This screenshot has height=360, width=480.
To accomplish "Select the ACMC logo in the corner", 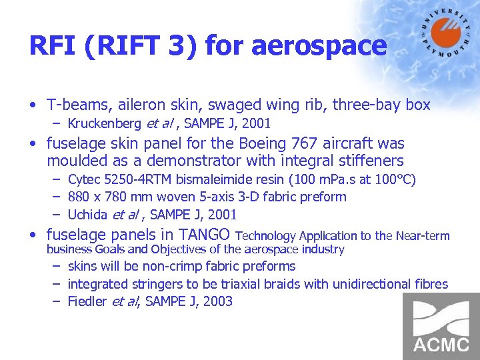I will pyautogui.click(x=441, y=327).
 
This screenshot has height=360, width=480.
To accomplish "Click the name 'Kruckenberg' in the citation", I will pyautogui.click(x=104, y=123).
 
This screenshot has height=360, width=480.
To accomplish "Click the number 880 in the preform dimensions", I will pyautogui.click(x=79, y=197).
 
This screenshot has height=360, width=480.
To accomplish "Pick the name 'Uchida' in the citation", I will pyautogui.click(x=89, y=215).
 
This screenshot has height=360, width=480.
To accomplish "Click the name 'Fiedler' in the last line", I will pyautogui.click(x=87, y=301).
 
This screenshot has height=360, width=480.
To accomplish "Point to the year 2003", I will pyautogui.click(x=217, y=301).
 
